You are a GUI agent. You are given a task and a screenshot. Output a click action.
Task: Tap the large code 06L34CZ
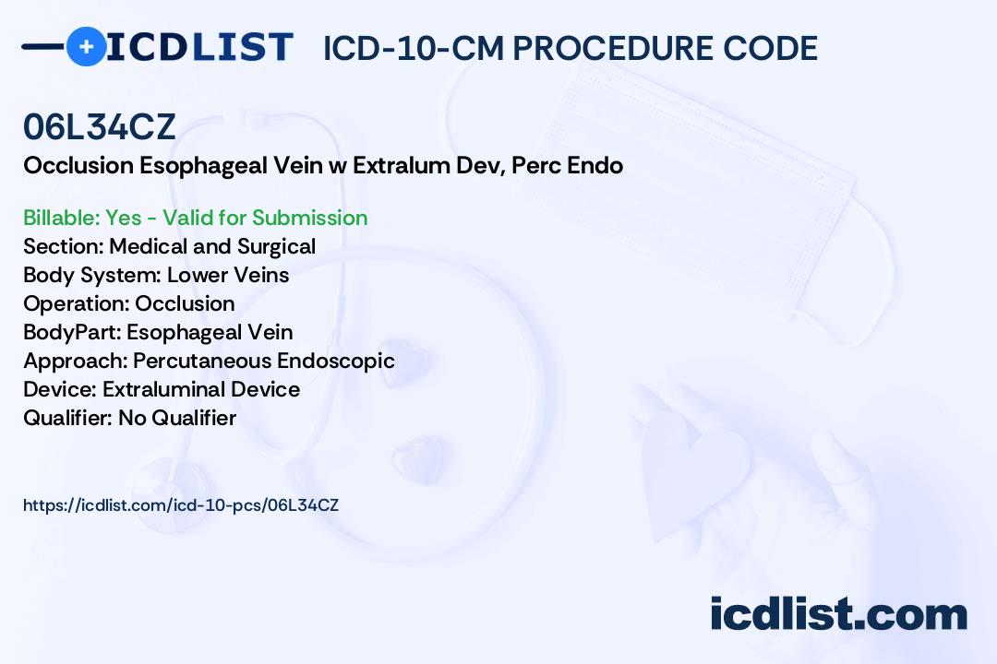click(x=100, y=127)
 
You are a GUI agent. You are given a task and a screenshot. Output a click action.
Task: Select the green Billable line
click(x=195, y=218)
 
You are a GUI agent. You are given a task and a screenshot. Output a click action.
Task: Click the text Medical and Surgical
click(x=212, y=246)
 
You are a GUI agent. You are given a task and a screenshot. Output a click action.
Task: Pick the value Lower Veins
click(x=228, y=275)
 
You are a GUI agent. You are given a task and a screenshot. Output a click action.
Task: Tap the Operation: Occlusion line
click(x=128, y=303)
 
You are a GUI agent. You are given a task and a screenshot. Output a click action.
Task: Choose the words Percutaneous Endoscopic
click(x=263, y=361)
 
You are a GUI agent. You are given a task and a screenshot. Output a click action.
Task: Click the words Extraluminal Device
click(x=201, y=389)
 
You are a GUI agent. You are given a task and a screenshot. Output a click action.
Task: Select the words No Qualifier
click(x=177, y=418)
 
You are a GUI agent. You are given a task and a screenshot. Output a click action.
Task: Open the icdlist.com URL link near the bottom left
click(x=181, y=505)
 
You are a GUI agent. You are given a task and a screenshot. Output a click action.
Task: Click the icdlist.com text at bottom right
click(x=838, y=614)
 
